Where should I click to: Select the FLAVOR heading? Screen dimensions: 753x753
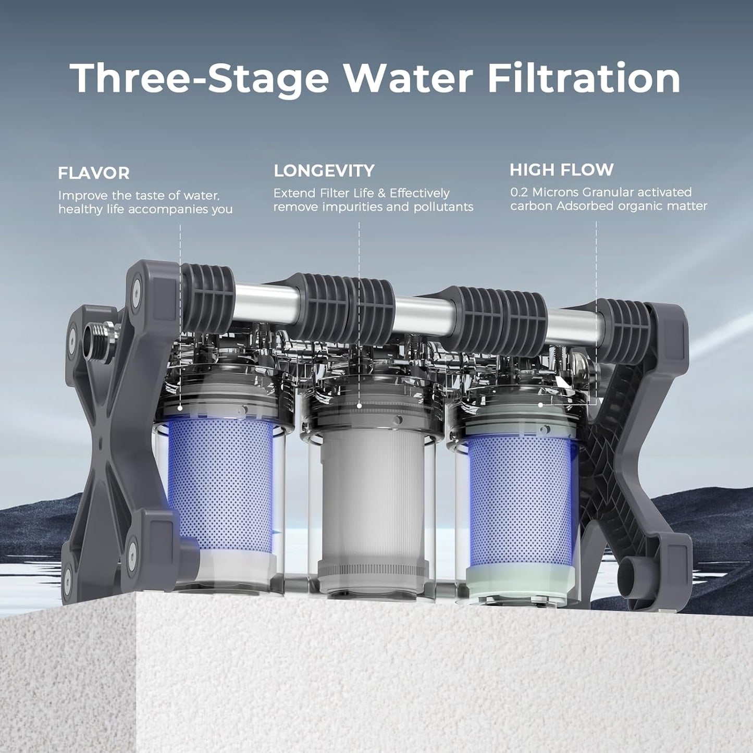coord(94,172)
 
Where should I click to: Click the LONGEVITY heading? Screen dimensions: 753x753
coord(324,170)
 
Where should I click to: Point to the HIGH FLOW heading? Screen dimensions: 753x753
coord(561,169)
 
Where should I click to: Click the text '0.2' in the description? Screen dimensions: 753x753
coord(519,192)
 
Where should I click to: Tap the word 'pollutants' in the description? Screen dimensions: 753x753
coord(443,207)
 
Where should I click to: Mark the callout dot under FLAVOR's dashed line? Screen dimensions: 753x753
coord(180,409)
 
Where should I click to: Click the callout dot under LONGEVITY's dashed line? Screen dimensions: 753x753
coord(359,405)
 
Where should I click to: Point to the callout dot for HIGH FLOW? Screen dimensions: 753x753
coord(541,404)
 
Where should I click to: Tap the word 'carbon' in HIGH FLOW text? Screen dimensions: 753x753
coord(531,206)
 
